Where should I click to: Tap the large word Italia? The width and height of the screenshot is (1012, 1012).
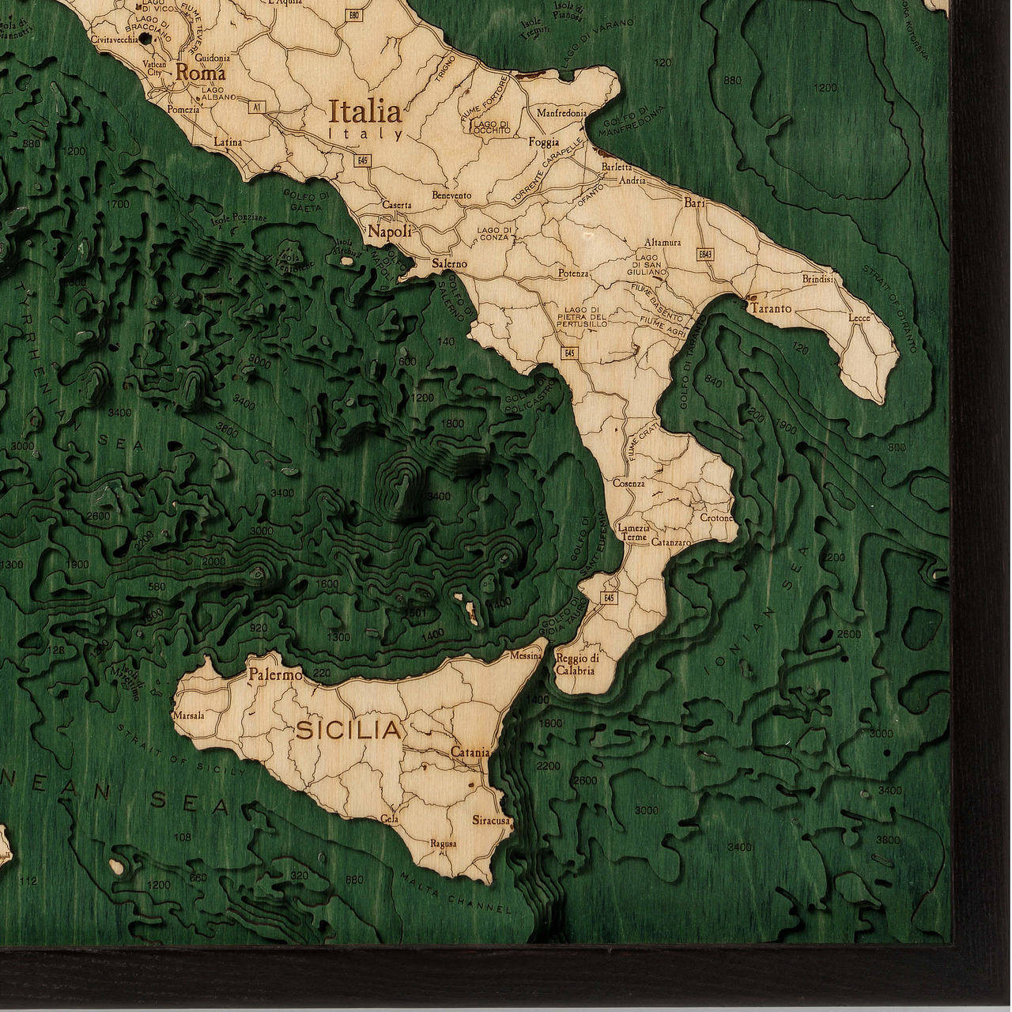click(x=364, y=109)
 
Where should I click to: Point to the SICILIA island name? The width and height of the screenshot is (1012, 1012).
click(x=349, y=731)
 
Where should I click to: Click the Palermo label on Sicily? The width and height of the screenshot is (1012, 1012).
click(x=275, y=676)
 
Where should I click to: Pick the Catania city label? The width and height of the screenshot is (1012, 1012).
click(x=470, y=753)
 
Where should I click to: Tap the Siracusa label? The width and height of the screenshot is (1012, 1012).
click(x=491, y=821)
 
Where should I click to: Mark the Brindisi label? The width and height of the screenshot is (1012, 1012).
click(x=818, y=279)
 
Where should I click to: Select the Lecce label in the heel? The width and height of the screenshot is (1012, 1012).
click(x=859, y=318)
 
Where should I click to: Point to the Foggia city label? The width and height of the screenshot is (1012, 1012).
click(x=544, y=142)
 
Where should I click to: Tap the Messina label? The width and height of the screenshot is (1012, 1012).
click(x=526, y=655)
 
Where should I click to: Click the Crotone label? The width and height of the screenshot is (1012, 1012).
click(x=717, y=518)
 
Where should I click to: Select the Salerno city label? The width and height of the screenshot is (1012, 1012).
click(x=450, y=263)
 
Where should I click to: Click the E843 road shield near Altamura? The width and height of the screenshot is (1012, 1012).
click(x=706, y=254)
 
